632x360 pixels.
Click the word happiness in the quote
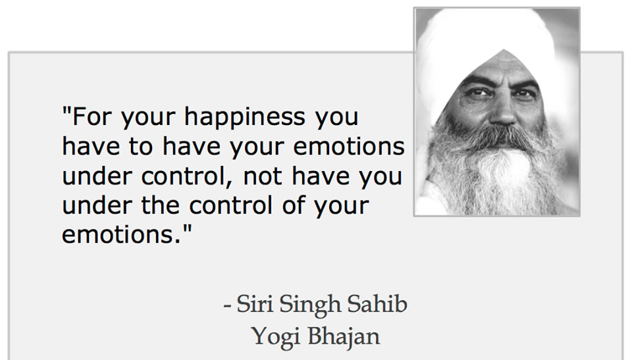coord(245,118)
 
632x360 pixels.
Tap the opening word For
coord(92,116)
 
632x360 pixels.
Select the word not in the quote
coord(263,176)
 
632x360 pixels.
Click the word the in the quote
coord(161,205)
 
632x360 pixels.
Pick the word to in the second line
coord(141,147)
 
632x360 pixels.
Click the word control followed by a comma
coord(188,176)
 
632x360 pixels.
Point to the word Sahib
coord(377,303)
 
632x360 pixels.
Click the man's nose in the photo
coord(504,111)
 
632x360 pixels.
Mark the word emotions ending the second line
coord(349,147)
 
